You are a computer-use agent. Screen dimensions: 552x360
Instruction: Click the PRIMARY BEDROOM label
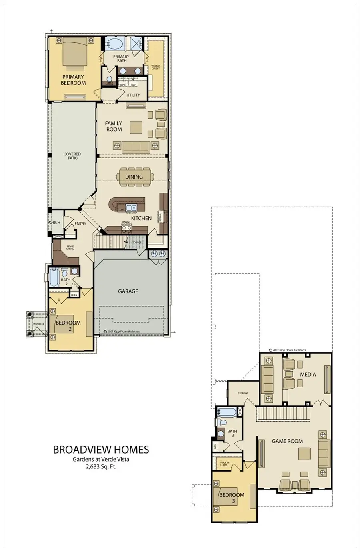click(x=73, y=80)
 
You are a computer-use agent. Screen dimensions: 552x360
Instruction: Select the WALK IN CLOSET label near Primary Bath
click(x=156, y=67)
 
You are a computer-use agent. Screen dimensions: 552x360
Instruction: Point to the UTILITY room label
click(x=133, y=95)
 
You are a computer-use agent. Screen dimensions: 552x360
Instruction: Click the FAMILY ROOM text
click(x=114, y=126)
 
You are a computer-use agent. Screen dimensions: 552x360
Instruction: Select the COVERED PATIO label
click(x=72, y=156)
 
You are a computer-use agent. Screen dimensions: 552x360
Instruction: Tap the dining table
click(x=134, y=177)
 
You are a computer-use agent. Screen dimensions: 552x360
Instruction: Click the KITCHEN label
click(x=141, y=218)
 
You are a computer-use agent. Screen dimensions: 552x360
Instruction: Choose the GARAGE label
click(x=128, y=291)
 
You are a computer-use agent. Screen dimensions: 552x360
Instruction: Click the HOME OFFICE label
click(x=70, y=248)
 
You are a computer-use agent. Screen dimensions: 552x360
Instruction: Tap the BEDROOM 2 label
click(x=68, y=325)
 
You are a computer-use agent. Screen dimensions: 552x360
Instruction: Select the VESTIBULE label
click(x=38, y=324)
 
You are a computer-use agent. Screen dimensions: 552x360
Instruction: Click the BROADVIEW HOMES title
click(x=101, y=450)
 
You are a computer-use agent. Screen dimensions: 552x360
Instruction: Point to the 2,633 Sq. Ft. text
click(x=101, y=466)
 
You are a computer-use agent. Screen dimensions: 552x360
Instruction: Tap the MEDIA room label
click(x=308, y=375)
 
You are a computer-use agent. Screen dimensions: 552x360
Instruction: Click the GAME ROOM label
click(x=287, y=441)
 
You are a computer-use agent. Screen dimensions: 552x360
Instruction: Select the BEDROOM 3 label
click(x=232, y=498)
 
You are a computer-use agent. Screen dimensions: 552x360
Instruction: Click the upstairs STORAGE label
click(x=243, y=393)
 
